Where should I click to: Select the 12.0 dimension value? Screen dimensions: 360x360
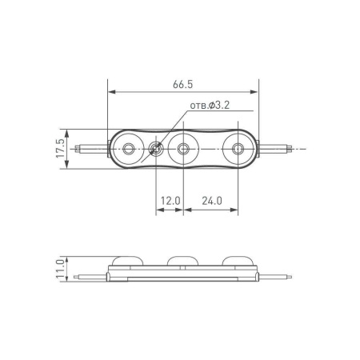click(170, 200)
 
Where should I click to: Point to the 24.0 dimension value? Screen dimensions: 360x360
click(212, 200)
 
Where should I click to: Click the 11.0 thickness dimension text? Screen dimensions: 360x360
click(59, 266)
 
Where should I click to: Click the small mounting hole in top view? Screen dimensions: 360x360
click(155, 148)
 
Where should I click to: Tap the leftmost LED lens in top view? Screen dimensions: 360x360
click(129, 148)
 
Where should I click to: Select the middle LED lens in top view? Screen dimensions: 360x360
click(184, 148)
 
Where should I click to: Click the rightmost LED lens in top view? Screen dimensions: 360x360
click(238, 148)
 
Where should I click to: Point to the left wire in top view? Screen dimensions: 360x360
click(90, 148)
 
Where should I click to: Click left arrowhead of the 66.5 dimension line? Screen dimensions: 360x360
click(110, 92)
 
